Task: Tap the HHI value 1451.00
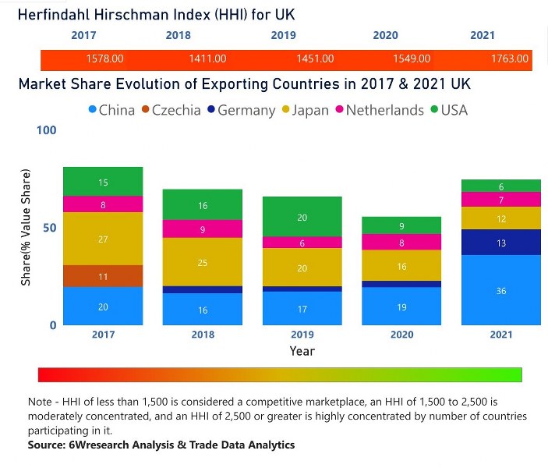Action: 316,58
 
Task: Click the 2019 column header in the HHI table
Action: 283,35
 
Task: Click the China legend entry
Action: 110,110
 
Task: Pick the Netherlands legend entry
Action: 377,110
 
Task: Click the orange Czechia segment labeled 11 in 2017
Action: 103,276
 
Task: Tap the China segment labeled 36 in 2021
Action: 501,290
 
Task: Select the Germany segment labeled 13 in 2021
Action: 501,243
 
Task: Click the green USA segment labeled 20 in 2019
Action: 302,217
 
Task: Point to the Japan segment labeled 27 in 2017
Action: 103,239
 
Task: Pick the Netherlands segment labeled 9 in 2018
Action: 203,229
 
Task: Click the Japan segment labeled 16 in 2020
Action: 401,266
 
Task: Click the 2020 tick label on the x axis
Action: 401,335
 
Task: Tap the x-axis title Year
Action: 302,351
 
